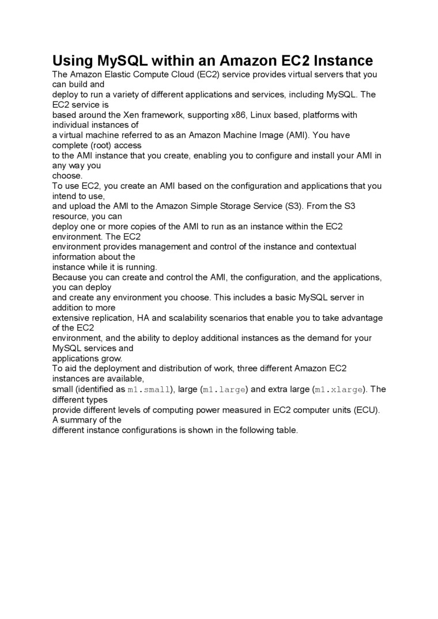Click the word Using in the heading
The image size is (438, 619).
(x=71, y=61)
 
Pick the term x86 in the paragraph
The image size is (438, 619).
(x=237, y=115)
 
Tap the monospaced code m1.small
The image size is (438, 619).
(x=149, y=390)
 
